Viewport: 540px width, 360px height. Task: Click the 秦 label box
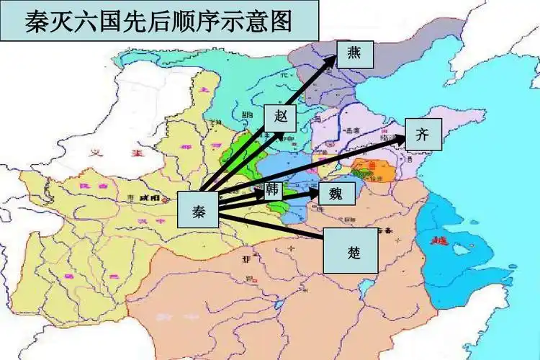(197, 210)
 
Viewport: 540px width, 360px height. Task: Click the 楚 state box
(349, 251)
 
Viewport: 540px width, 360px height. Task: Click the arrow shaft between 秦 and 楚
(274, 225)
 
